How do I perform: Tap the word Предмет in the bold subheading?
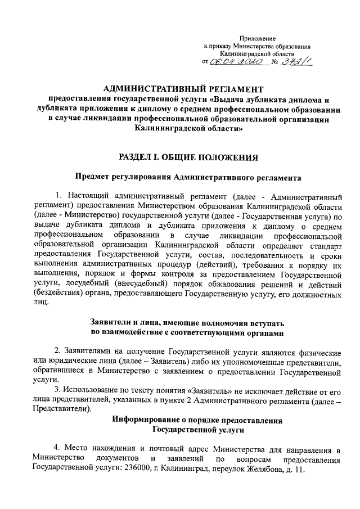tap(95, 178)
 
